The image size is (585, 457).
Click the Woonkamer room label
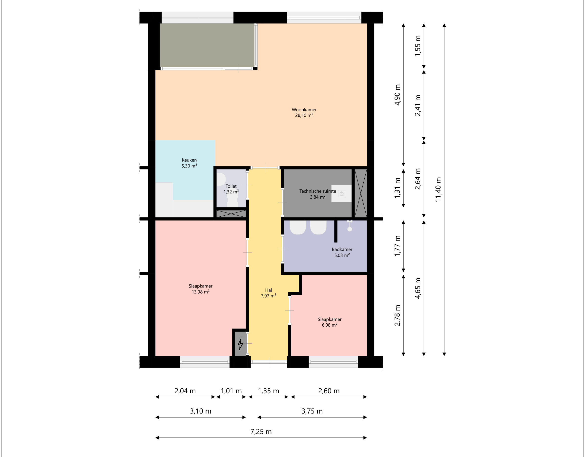[304, 112]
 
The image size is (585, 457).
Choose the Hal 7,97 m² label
[268, 293]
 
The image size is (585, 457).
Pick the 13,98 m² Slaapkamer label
[200, 289]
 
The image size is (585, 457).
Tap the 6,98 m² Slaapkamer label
[330, 322]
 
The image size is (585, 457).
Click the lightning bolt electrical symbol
[240, 344]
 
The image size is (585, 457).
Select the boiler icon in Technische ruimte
[341, 193]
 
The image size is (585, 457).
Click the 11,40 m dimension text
[438, 189]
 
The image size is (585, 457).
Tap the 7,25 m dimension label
[261, 432]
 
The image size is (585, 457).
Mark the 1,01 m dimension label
[231, 391]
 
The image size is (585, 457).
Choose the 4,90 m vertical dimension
[397, 95]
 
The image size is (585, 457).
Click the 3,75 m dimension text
[312, 411]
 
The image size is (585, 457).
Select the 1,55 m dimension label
[418, 46]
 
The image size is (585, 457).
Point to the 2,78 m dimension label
[397, 315]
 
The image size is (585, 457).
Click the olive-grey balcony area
[207, 45]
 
